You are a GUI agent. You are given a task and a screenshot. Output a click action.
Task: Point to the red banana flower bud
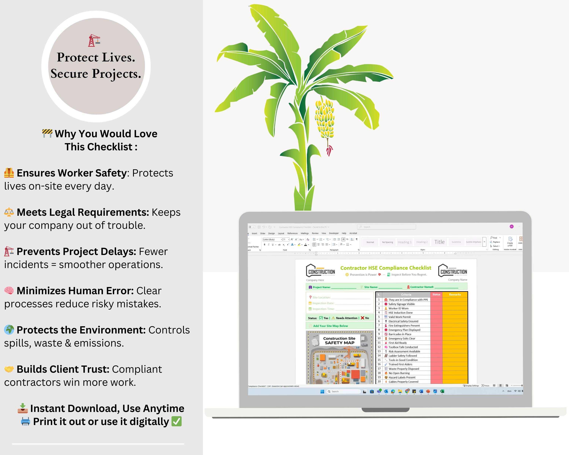pos(329,151)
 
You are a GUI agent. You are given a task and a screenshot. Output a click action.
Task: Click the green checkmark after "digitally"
pos(176,421)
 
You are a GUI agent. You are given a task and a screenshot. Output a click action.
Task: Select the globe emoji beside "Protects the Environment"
pos(9,330)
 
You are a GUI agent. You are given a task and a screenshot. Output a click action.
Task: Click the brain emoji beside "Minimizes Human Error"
pos(9,291)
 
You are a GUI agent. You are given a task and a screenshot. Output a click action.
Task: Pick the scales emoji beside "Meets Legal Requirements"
pos(9,212)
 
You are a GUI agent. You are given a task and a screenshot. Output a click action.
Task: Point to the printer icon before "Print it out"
pos(25,421)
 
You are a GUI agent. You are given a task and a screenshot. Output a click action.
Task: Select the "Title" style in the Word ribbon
pos(439,242)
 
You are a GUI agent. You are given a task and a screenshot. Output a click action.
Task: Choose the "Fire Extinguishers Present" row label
pos(404,326)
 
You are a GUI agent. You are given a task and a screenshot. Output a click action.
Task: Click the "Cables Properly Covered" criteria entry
pos(403,382)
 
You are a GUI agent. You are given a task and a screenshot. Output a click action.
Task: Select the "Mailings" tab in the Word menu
pos(305,233)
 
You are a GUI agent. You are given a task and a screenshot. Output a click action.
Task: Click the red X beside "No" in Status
pos(362,318)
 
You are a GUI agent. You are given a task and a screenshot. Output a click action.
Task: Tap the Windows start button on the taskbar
pos(322,391)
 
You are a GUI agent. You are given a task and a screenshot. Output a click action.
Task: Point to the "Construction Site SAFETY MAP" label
pos(339,340)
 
